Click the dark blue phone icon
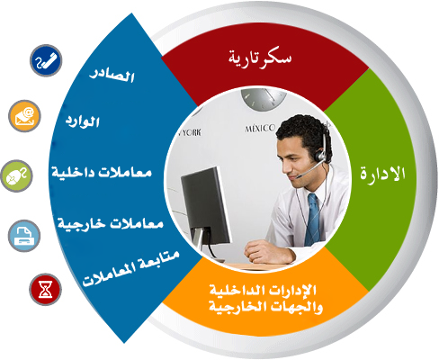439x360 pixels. coord(46,60)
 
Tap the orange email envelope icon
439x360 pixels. coord(24,116)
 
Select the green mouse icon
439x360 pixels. coord(16,175)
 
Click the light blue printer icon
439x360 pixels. coord(24,236)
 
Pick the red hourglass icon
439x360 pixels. coord(45,289)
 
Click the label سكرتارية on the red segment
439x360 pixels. coord(260,58)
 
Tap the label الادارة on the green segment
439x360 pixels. coord(382,174)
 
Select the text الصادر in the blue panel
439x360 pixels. coord(112,76)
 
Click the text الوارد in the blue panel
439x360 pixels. coord(83,121)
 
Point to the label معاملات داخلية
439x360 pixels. coord(102,172)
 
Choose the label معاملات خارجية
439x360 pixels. coord(111,223)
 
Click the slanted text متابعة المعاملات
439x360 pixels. coord(130,268)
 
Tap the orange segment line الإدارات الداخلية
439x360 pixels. coord(263,290)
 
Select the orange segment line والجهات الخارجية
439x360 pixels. coord(265,307)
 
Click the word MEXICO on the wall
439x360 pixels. coord(260,129)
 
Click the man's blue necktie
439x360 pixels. coord(312,220)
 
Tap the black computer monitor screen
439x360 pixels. coord(205,205)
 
